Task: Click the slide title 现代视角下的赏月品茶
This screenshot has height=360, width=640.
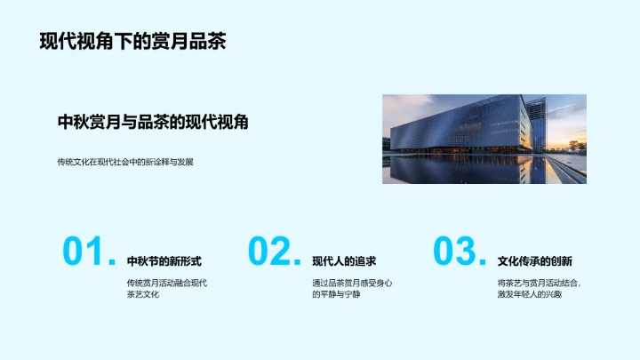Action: tap(132, 42)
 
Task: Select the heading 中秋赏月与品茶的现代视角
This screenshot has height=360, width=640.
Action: tap(152, 122)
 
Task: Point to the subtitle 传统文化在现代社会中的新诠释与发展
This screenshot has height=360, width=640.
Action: tap(124, 162)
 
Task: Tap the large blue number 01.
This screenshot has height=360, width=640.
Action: tap(88, 252)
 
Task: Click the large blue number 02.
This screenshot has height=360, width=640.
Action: tap(274, 252)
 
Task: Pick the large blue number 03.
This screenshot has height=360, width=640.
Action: tap(459, 252)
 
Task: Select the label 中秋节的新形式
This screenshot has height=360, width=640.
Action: tap(164, 261)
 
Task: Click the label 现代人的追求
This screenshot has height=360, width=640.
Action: tap(344, 261)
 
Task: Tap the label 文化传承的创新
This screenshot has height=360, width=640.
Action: tap(534, 261)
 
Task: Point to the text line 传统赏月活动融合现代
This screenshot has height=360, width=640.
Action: tap(167, 283)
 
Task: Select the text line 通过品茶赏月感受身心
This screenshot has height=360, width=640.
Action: tap(352, 283)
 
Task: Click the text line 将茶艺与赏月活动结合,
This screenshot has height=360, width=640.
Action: tap(540, 283)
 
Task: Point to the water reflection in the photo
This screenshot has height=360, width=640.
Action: tap(471, 171)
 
